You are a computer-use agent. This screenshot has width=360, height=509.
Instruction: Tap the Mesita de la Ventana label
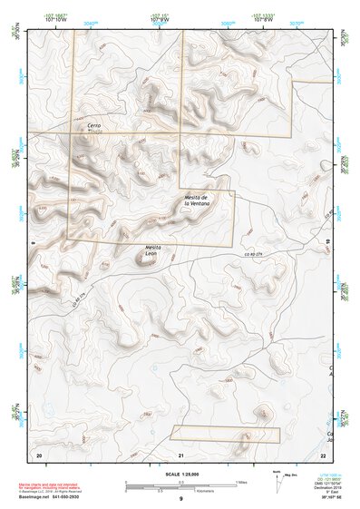(197, 201)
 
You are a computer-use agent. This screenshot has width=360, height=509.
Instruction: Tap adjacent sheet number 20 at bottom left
(39, 454)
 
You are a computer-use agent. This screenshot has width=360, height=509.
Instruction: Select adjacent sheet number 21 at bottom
(181, 454)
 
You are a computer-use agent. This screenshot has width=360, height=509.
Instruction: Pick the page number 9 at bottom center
(180, 500)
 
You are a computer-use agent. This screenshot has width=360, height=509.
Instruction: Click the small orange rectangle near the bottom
(225, 434)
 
